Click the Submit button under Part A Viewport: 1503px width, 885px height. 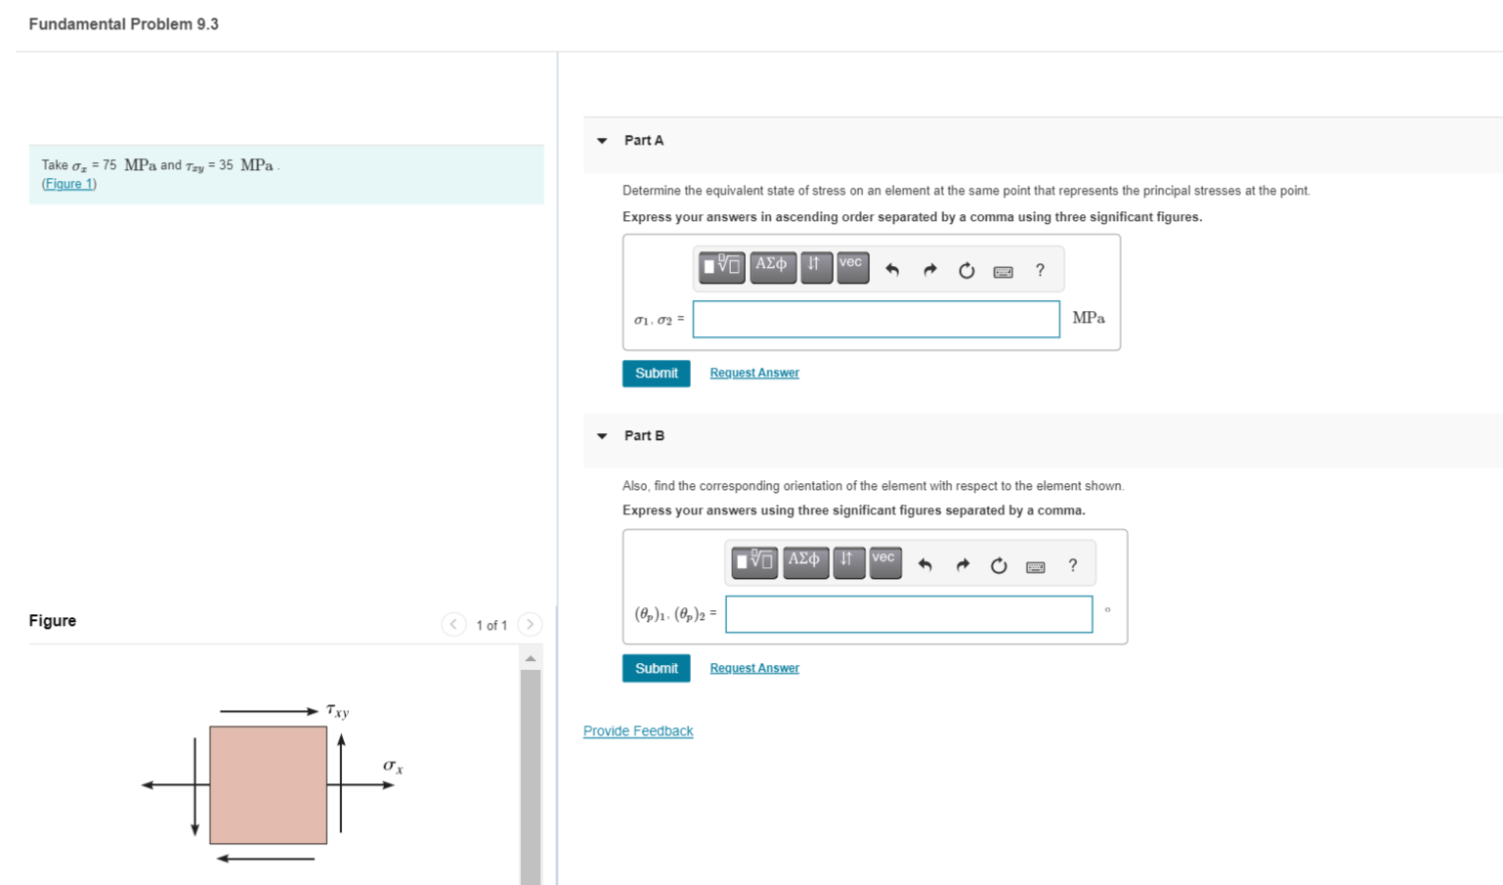(x=656, y=374)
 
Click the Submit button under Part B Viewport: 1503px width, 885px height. (x=656, y=668)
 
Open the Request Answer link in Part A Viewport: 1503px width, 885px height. (x=753, y=373)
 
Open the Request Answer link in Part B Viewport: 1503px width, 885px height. (x=753, y=668)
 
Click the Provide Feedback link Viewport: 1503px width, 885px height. (x=638, y=730)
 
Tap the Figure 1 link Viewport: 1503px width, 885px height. (x=68, y=184)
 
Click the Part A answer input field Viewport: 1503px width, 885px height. (x=876, y=319)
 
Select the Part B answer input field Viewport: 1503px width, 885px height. (x=908, y=614)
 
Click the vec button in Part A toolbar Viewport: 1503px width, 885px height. (x=852, y=266)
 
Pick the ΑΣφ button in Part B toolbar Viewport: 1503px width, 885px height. (x=804, y=561)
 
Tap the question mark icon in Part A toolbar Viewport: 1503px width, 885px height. (x=1040, y=270)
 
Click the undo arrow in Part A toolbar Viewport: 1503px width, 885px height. (x=892, y=270)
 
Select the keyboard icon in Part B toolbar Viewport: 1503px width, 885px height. (x=1035, y=566)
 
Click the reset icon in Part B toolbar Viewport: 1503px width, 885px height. (x=998, y=565)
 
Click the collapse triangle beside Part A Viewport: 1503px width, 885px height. (x=602, y=141)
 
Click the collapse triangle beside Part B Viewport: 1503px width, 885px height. (x=602, y=436)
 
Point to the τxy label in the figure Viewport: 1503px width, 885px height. (x=337, y=711)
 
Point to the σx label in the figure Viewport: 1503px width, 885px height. (x=393, y=767)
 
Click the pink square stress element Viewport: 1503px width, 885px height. (x=268, y=784)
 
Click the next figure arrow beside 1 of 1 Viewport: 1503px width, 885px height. (x=530, y=624)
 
